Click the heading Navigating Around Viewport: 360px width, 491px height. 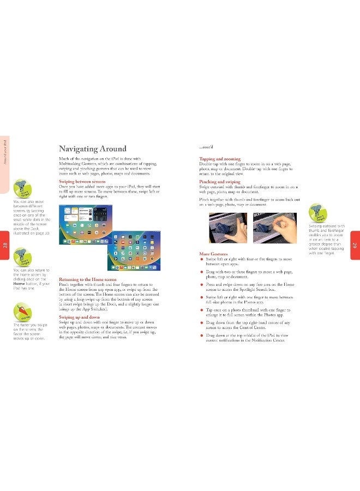[x=92, y=149]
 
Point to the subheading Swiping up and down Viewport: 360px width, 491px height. [x=79, y=317]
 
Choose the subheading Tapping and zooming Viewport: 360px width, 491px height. [x=221, y=159]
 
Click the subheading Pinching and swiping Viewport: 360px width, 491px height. [x=220, y=181]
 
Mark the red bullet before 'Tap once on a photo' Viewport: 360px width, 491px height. [x=202, y=310]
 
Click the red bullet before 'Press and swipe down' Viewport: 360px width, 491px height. [x=202, y=285]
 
